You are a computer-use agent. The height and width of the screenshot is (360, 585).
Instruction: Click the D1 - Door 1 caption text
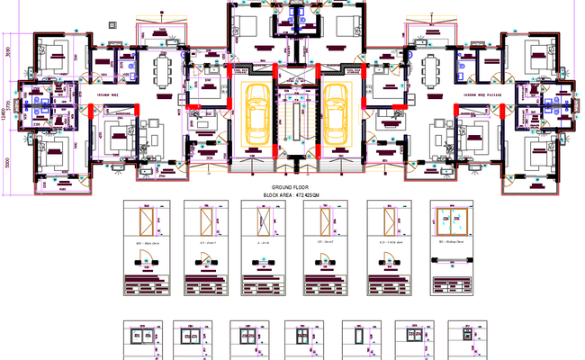[204, 243]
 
